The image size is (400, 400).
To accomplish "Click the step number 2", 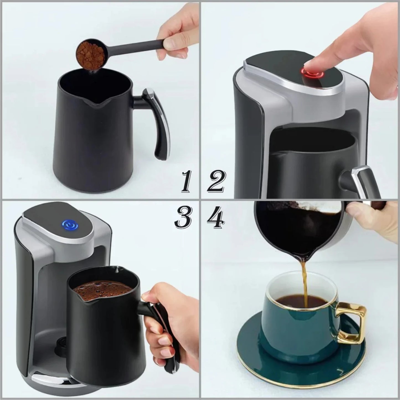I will [216, 182].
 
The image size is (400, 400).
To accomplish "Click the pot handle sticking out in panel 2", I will [360, 180].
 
